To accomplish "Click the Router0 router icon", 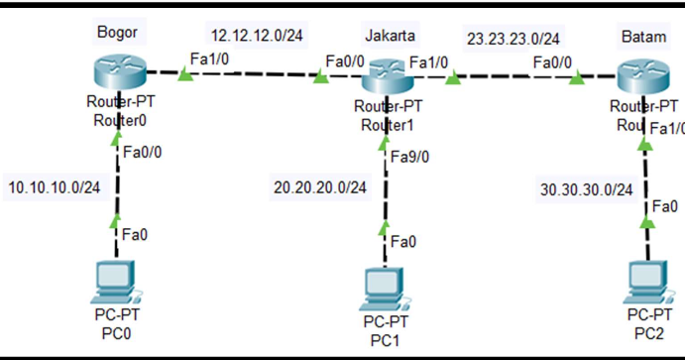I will [x=117, y=74].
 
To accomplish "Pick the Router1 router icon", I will [x=388, y=77].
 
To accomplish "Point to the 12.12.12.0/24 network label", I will [x=256, y=33].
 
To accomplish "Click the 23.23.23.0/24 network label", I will [x=513, y=40].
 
